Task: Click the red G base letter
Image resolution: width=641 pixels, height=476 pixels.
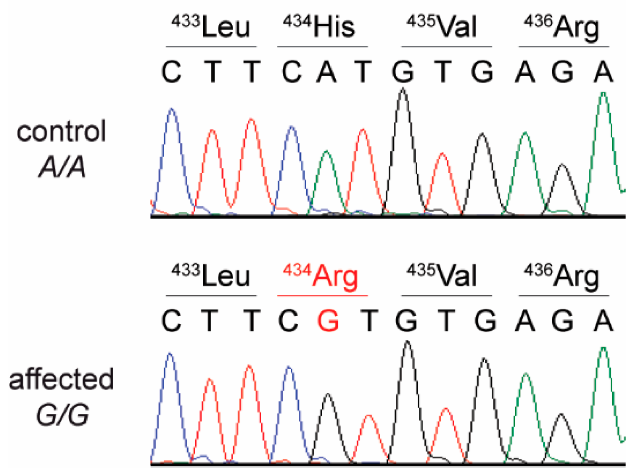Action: click(328, 321)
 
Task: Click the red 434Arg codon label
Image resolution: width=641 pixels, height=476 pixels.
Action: click(320, 276)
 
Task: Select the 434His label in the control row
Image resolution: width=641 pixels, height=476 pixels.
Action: click(319, 27)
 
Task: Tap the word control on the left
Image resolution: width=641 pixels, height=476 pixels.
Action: click(61, 131)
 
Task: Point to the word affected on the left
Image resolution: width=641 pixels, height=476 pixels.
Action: click(61, 379)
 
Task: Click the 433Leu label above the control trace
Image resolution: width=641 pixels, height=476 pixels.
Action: click(210, 27)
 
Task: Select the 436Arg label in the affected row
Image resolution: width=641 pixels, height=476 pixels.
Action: click(561, 276)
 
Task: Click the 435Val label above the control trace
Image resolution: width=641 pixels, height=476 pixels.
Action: click(442, 27)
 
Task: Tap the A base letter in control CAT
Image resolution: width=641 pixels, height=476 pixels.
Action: click(327, 72)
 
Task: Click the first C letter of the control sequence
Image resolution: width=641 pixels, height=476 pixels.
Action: click(171, 72)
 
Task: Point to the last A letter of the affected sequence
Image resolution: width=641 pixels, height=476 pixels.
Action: click(603, 321)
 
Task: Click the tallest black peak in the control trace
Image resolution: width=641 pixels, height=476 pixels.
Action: click(403, 91)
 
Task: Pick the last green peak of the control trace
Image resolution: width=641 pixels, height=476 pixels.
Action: click(603, 95)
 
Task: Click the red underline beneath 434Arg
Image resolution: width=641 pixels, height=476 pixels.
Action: click(322, 296)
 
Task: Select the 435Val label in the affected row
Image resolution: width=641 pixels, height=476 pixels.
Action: click(442, 276)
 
